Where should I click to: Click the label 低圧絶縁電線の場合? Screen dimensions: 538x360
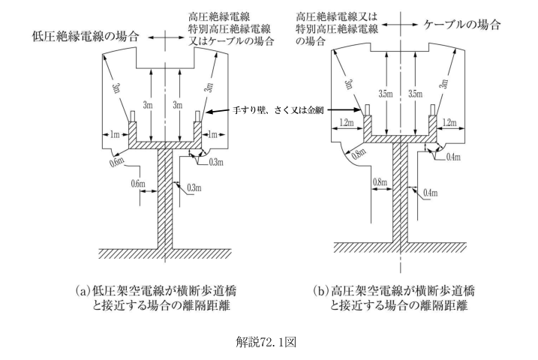[85, 36]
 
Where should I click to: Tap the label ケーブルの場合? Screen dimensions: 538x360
[461, 25]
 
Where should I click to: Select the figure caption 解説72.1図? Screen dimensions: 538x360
[266, 342]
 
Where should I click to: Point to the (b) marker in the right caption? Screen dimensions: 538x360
[320, 291]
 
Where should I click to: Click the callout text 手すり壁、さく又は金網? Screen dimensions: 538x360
[278, 110]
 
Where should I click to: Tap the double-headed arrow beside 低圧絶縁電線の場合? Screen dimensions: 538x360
[166, 37]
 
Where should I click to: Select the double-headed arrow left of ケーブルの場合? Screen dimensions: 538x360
[400, 25]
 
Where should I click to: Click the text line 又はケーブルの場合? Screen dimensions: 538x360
[232, 41]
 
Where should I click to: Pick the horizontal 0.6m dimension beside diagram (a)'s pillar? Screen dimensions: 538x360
[149, 192]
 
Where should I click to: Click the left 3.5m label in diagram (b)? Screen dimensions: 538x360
[386, 94]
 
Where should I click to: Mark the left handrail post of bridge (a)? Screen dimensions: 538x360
[133, 116]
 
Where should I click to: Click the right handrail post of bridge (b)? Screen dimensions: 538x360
[433, 109]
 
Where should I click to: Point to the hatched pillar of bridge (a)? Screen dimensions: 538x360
[164, 199]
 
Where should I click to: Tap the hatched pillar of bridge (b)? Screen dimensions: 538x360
[400, 193]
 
